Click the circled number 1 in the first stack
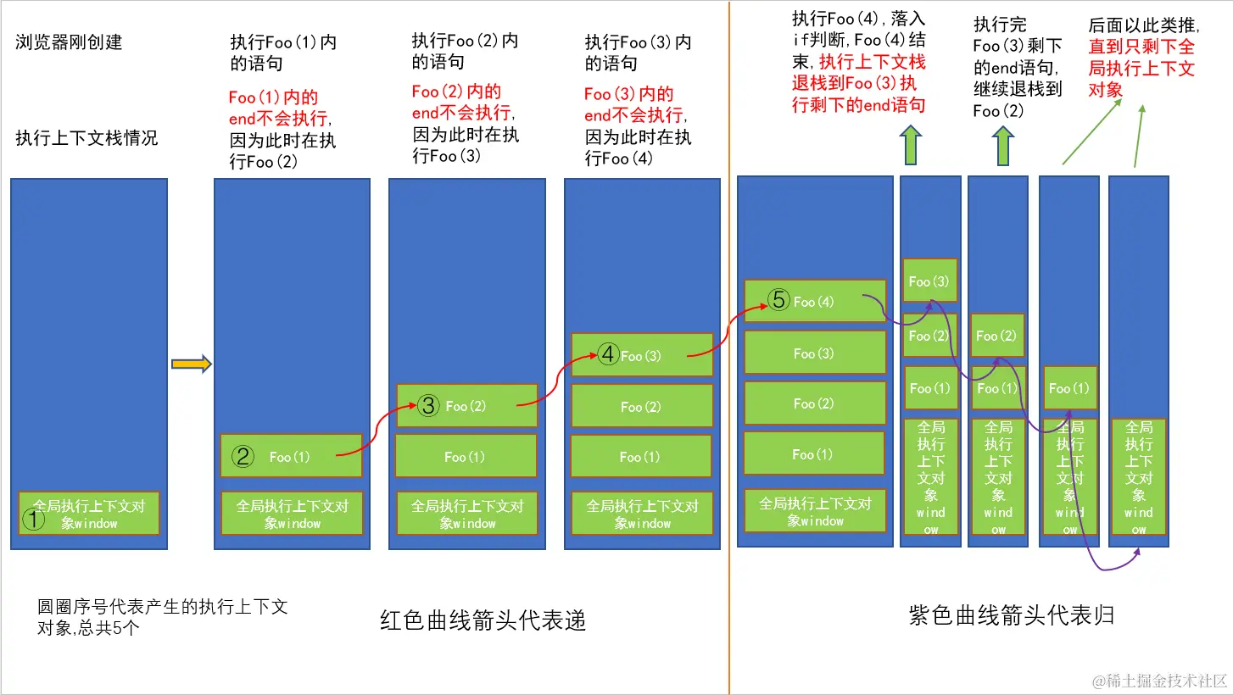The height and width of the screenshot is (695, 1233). coord(32,520)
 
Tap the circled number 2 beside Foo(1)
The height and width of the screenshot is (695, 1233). coord(243,457)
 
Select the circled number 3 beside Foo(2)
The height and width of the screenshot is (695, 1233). coord(428,406)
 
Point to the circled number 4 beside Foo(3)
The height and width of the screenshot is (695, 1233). coord(607,354)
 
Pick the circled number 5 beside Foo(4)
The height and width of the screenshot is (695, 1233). coord(778,300)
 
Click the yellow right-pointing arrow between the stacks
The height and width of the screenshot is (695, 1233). coord(191,364)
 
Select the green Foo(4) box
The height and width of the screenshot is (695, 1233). coord(815,301)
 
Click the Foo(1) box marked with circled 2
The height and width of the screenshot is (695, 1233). coord(291,456)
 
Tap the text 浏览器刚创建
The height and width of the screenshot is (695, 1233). coord(69,42)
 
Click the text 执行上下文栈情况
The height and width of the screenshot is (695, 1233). coord(86,137)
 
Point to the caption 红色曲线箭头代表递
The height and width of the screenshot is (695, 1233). coord(483,621)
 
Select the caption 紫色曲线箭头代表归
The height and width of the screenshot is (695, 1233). coord(1011,616)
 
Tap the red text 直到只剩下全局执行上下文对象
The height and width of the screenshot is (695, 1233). coord(1141,68)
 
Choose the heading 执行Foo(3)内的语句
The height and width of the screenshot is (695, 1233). coord(638,52)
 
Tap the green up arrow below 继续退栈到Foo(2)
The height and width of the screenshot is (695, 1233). coord(1003,145)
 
